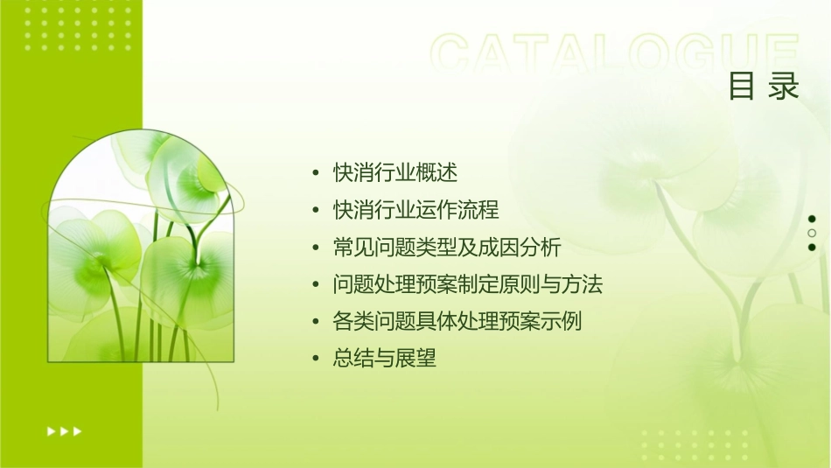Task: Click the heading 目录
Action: tap(764, 87)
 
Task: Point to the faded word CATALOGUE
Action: tap(614, 54)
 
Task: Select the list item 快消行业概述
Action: tap(395, 172)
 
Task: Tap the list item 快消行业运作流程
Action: tap(415, 210)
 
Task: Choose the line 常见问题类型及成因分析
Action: tap(447, 248)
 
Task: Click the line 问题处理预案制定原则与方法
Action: tap(468, 284)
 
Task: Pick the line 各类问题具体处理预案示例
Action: tap(457, 321)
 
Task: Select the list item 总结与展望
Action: tap(384, 359)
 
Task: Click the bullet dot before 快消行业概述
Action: tap(316, 173)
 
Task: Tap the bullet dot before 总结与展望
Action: tap(316, 360)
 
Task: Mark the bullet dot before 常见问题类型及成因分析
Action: tap(316, 248)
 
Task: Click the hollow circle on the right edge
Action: tap(812, 233)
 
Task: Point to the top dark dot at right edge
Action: tap(812, 219)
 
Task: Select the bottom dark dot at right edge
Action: tap(812, 247)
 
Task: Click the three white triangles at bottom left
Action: tap(65, 430)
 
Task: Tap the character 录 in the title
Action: tap(784, 87)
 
